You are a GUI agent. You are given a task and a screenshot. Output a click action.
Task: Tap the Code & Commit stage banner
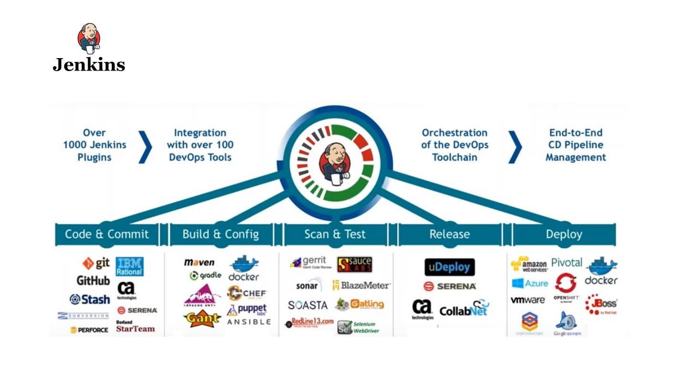[x=107, y=234]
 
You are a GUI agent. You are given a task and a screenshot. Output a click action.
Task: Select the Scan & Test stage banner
[x=335, y=234]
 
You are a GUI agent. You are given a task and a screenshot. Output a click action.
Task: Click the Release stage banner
[x=449, y=234]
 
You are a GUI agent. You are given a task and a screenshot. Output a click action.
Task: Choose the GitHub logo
[x=93, y=281]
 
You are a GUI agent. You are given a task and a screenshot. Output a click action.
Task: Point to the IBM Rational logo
[x=130, y=266]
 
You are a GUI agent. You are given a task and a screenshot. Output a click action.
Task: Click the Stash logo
[x=90, y=299]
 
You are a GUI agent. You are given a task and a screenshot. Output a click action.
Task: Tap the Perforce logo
[x=89, y=330]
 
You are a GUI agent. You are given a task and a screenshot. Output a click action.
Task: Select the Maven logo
[x=199, y=263]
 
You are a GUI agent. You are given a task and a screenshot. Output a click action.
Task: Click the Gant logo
[x=202, y=318]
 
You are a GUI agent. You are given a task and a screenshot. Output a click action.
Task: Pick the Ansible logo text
[x=249, y=322]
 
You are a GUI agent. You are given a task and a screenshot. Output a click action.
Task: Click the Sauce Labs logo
[x=354, y=264]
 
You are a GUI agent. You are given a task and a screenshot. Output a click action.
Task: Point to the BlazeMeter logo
[x=361, y=285]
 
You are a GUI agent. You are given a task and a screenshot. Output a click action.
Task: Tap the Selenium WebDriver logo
[x=358, y=327]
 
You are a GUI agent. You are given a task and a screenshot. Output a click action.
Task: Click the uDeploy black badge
[x=450, y=267]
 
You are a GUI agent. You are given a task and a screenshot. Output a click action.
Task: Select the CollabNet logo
[x=464, y=310]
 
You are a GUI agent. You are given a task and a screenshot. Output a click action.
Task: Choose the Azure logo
[x=530, y=284]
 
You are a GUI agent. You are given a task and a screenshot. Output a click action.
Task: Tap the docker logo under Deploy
[x=601, y=271]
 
